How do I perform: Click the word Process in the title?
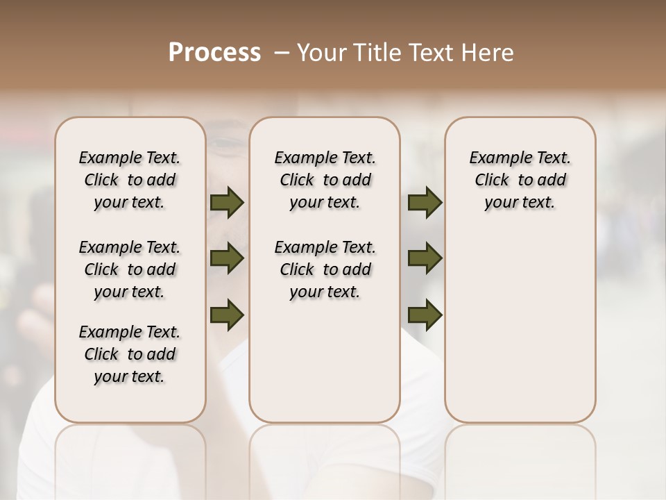(x=214, y=52)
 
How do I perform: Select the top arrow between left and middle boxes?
(x=227, y=202)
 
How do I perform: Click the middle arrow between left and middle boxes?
(x=227, y=258)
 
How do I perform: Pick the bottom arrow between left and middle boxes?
(x=227, y=315)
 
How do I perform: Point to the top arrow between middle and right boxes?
(x=425, y=202)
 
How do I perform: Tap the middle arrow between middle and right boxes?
(x=425, y=258)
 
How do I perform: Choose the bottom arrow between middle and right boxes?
(x=425, y=315)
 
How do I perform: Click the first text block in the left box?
(x=130, y=180)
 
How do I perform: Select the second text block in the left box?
(x=130, y=269)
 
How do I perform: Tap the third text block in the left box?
(x=130, y=354)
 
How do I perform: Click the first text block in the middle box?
(x=325, y=180)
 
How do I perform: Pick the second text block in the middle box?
(x=325, y=269)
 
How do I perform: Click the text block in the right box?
(x=520, y=180)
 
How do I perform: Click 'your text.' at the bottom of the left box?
(x=130, y=376)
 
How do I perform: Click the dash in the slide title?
(x=282, y=52)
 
